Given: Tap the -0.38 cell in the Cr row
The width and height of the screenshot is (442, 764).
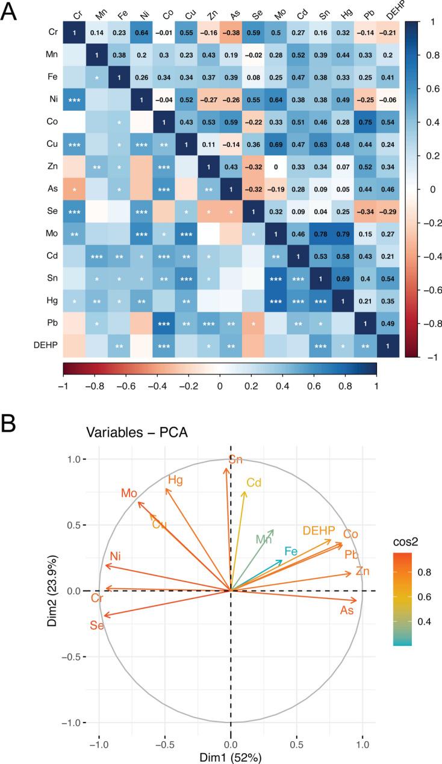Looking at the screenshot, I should [232, 32].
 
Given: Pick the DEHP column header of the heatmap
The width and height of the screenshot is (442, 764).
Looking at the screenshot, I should [388, 11].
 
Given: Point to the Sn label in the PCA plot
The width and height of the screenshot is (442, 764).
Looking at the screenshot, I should [236, 460].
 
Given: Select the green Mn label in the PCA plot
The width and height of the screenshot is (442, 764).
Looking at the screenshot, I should [263, 539].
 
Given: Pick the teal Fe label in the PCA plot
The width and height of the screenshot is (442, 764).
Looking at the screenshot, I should [291, 551].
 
